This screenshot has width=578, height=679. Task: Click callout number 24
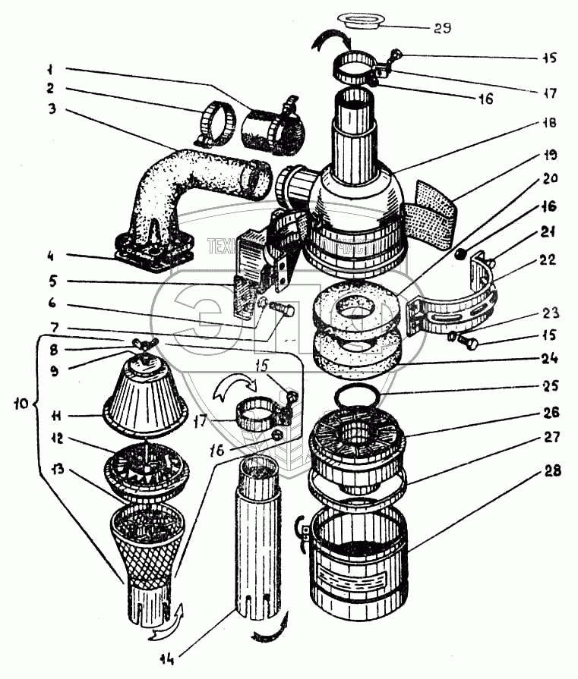(x=550, y=358)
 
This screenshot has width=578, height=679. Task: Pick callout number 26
(x=551, y=413)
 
